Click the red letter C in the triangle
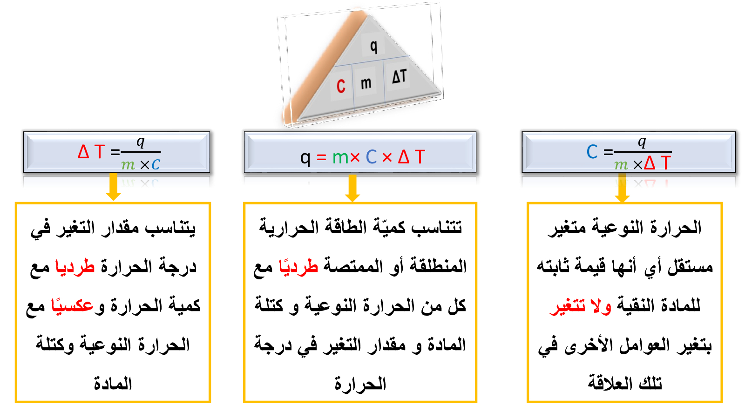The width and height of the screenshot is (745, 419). tap(341, 86)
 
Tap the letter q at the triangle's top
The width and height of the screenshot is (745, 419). tap(374, 46)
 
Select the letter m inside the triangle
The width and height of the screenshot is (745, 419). tap(366, 83)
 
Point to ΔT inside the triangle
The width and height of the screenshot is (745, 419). tap(400, 76)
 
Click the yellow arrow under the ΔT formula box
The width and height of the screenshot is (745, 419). tap(114, 187)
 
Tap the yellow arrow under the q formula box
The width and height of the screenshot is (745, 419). tap(352, 188)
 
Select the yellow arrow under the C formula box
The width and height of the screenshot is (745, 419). tap(622, 187)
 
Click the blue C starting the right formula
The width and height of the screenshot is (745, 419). tap(592, 152)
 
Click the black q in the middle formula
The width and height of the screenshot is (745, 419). tap(305, 158)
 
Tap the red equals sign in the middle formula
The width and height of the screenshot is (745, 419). tap(321, 157)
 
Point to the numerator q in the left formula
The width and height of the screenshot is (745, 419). tap(141, 142)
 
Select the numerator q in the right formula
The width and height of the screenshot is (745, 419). tap(642, 142)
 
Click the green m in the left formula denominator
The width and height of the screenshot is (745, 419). tap(128, 165)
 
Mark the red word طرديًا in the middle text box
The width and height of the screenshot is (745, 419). tap(298, 266)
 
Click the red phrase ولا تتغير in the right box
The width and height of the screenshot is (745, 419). tap(580, 305)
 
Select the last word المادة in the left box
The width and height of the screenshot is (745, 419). tap(113, 384)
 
